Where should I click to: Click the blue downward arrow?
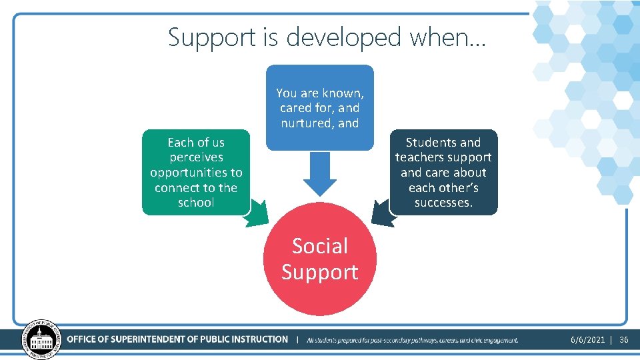(320, 177)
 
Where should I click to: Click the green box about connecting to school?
(196, 172)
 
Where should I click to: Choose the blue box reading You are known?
(320, 107)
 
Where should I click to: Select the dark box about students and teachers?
(443, 172)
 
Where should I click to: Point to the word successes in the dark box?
(443, 203)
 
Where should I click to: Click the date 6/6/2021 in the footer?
(587, 340)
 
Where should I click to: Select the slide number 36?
(624, 340)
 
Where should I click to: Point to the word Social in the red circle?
(320, 246)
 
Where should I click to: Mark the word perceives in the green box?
(196, 157)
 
